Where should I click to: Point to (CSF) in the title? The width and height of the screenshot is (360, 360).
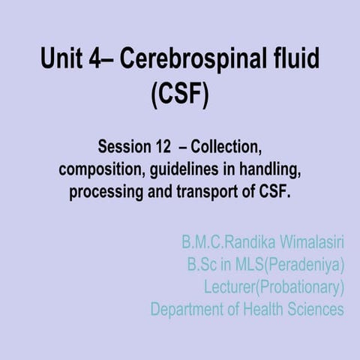(x=180, y=96)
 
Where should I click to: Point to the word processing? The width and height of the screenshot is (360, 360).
(x=104, y=191)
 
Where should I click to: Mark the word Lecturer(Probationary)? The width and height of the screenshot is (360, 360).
(x=274, y=286)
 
